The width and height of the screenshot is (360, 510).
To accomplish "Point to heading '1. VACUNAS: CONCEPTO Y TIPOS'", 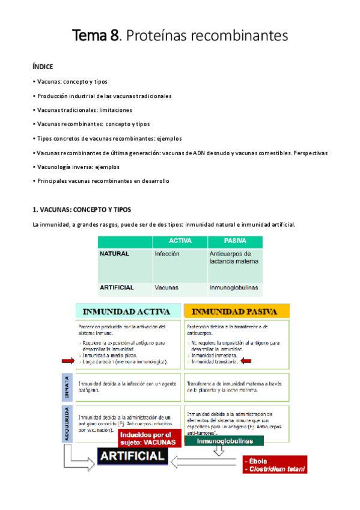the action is (x=81, y=209).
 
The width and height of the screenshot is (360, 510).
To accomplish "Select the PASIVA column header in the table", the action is (x=235, y=241).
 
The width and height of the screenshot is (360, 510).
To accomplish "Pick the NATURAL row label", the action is (x=114, y=254).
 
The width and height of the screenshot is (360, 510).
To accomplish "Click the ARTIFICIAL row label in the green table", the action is (x=117, y=288).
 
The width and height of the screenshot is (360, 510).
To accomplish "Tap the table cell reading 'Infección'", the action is (x=167, y=254).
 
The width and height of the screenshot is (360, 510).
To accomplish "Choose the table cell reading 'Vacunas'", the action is (x=166, y=288).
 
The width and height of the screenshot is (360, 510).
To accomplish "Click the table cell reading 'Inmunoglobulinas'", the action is (x=234, y=288).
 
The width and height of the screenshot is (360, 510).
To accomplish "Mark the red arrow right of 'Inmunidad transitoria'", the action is (x=246, y=361).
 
